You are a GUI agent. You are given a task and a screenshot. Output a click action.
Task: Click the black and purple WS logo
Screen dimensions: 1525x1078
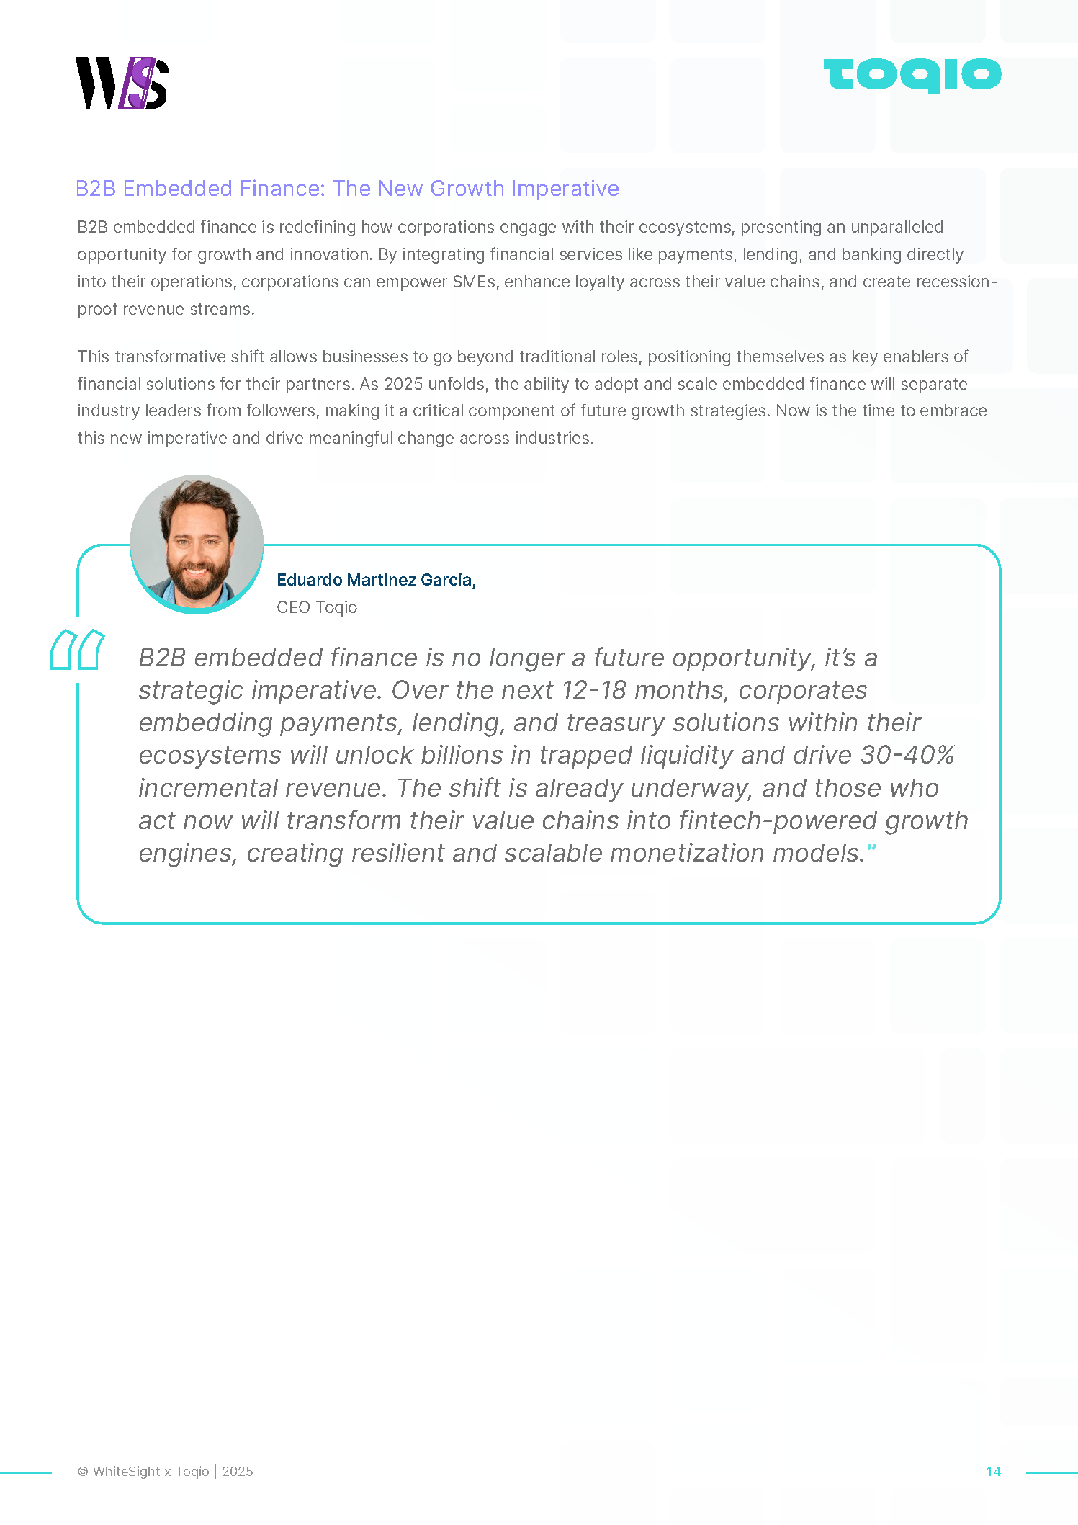[x=122, y=83]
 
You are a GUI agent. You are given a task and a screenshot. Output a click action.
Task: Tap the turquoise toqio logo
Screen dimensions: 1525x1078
[x=912, y=75]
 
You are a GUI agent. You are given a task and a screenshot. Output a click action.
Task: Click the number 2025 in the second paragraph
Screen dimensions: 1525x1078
[x=403, y=384]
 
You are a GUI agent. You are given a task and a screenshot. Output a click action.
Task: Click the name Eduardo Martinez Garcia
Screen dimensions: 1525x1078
[x=376, y=580]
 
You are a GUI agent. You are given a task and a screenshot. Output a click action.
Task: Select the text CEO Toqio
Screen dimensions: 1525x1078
[x=317, y=607]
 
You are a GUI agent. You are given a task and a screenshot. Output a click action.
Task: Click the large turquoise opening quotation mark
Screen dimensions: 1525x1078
[x=77, y=650]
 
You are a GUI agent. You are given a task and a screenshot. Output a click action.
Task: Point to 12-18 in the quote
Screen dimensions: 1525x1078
[x=593, y=690]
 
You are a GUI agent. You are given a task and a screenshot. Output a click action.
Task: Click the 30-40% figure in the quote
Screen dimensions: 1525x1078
[x=907, y=755]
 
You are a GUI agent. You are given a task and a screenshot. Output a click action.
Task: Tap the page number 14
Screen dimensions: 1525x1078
[x=993, y=1471]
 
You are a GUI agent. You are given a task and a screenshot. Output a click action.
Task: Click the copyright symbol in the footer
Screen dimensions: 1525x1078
[x=83, y=1472]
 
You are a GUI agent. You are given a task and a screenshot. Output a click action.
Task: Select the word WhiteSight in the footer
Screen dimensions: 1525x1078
[x=126, y=1472]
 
